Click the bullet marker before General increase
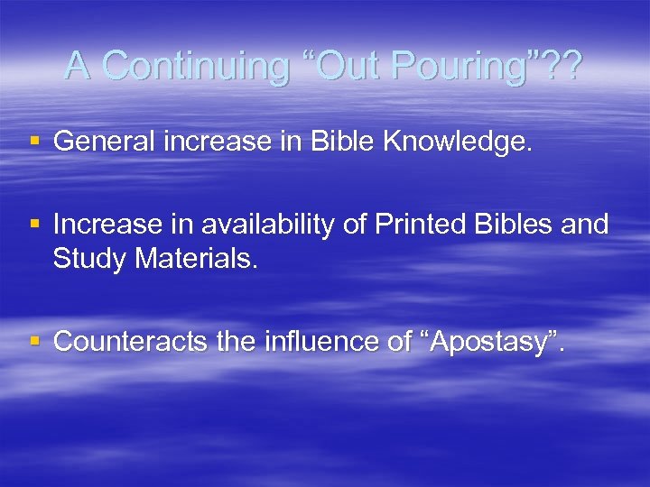coord(33,142)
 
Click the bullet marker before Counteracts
coord(33,342)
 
